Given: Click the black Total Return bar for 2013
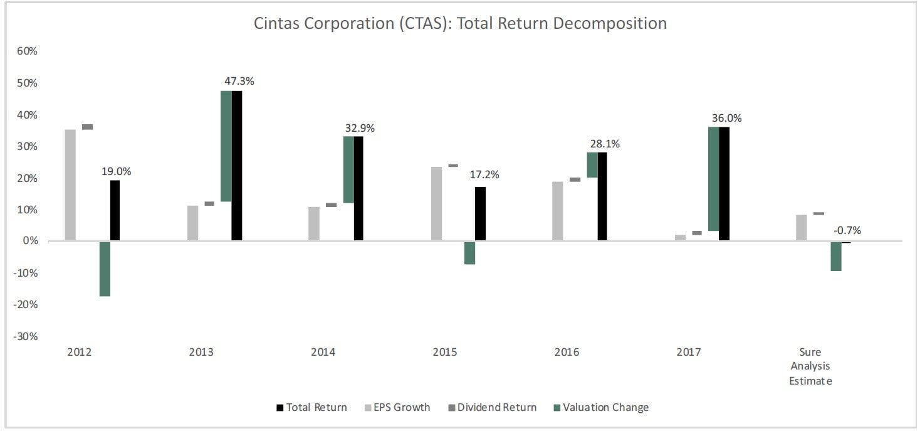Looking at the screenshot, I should [236, 166].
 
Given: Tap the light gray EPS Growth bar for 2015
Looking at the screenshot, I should [436, 203].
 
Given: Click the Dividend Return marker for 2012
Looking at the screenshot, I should [88, 127].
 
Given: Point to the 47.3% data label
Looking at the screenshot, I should [239, 82].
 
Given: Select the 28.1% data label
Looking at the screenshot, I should [604, 144].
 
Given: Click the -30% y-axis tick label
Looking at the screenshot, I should [26, 336].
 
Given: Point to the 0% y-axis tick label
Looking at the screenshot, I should [31, 242].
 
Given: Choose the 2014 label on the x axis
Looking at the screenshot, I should [323, 352].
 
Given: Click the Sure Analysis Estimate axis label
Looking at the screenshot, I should [810, 366].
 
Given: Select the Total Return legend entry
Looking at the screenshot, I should [311, 408].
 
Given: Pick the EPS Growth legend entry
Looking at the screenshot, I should [397, 408].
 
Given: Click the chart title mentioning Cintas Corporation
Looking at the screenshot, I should [460, 24].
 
